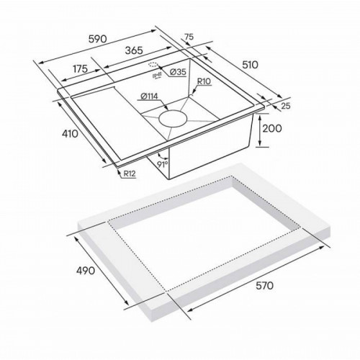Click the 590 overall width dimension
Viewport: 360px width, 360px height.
(x=97, y=39)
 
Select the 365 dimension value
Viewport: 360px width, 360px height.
(x=134, y=50)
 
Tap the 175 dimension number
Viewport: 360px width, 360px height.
(x=80, y=69)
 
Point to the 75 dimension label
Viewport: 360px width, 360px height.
(x=189, y=37)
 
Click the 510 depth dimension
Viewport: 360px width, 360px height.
(x=250, y=65)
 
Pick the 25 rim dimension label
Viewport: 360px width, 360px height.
(x=286, y=106)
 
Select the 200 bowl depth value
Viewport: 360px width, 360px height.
(x=272, y=128)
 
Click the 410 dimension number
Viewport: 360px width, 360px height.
(x=70, y=134)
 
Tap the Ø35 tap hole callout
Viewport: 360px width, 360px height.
(x=178, y=72)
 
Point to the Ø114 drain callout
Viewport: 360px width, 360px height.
(x=149, y=96)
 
